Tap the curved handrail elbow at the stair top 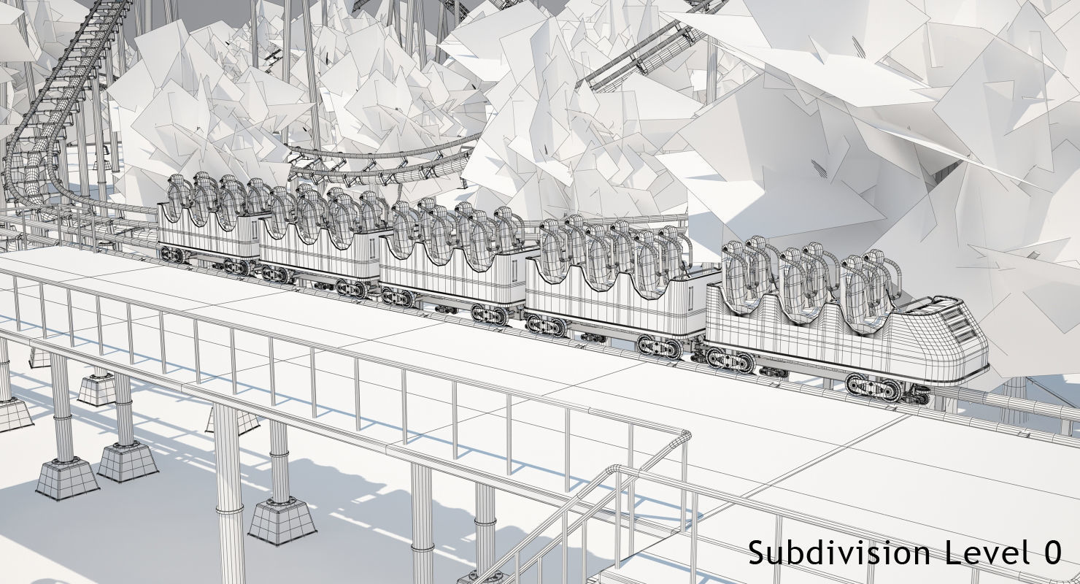(x=682, y=436)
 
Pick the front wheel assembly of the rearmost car (x=237, y=266)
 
